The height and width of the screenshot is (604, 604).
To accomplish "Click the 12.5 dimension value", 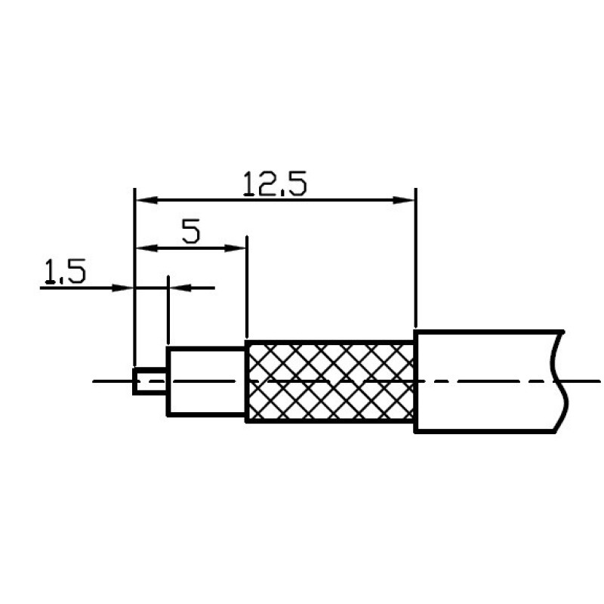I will (275, 183).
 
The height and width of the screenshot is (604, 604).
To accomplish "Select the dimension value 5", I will (192, 231).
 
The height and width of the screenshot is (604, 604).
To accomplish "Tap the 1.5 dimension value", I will (64, 272).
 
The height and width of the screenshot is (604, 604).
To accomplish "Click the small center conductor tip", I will (149, 381).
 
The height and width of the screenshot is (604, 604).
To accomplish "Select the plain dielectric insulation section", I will (205, 381).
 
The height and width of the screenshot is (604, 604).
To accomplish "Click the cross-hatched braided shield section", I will (331, 381).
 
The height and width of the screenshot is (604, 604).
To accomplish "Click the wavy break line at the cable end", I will (561, 381).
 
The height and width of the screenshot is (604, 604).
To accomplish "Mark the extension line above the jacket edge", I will (416, 264).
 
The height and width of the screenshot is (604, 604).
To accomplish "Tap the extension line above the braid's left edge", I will (247, 294).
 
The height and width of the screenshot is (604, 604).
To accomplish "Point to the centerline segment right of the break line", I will (585, 381).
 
